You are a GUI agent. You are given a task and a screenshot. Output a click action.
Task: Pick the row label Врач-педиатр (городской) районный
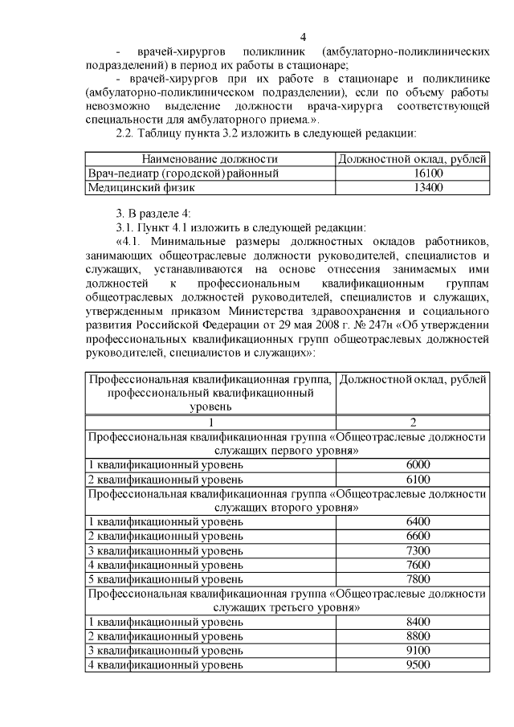(x=183, y=174)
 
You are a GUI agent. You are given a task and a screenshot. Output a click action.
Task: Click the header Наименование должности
(x=210, y=159)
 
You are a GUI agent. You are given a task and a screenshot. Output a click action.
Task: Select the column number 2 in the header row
(x=413, y=423)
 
